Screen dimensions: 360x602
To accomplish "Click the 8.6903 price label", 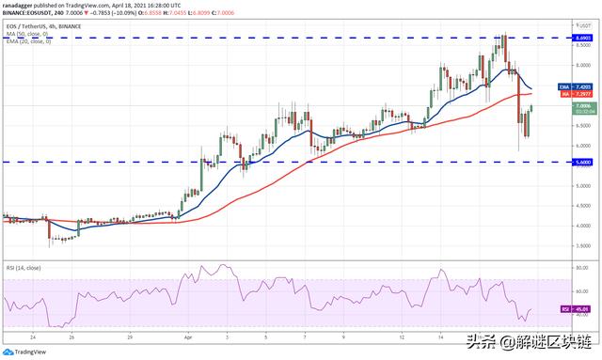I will [x=583, y=38].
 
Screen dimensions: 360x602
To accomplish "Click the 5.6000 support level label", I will [x=583, y=162].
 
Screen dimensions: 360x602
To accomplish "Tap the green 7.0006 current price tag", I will [x=583, y=107].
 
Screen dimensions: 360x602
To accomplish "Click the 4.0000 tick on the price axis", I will [x=583, y=226].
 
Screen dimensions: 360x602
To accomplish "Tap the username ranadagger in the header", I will [x=20, y=5].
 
